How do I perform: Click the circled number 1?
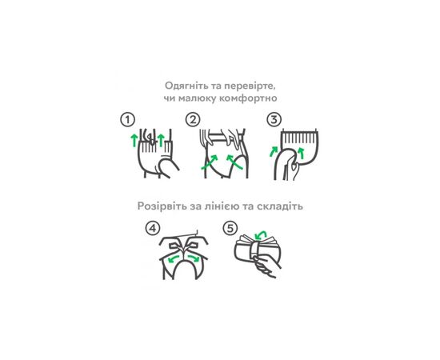128,120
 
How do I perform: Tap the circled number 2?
193,120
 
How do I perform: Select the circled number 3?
274,120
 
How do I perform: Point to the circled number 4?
153,229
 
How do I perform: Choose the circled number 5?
230,228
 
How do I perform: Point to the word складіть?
280,206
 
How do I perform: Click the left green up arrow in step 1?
134,140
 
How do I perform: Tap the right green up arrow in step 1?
161,140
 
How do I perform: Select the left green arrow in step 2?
210,162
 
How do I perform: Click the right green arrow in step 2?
234,162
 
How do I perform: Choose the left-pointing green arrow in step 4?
174,258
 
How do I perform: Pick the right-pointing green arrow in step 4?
194,258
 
